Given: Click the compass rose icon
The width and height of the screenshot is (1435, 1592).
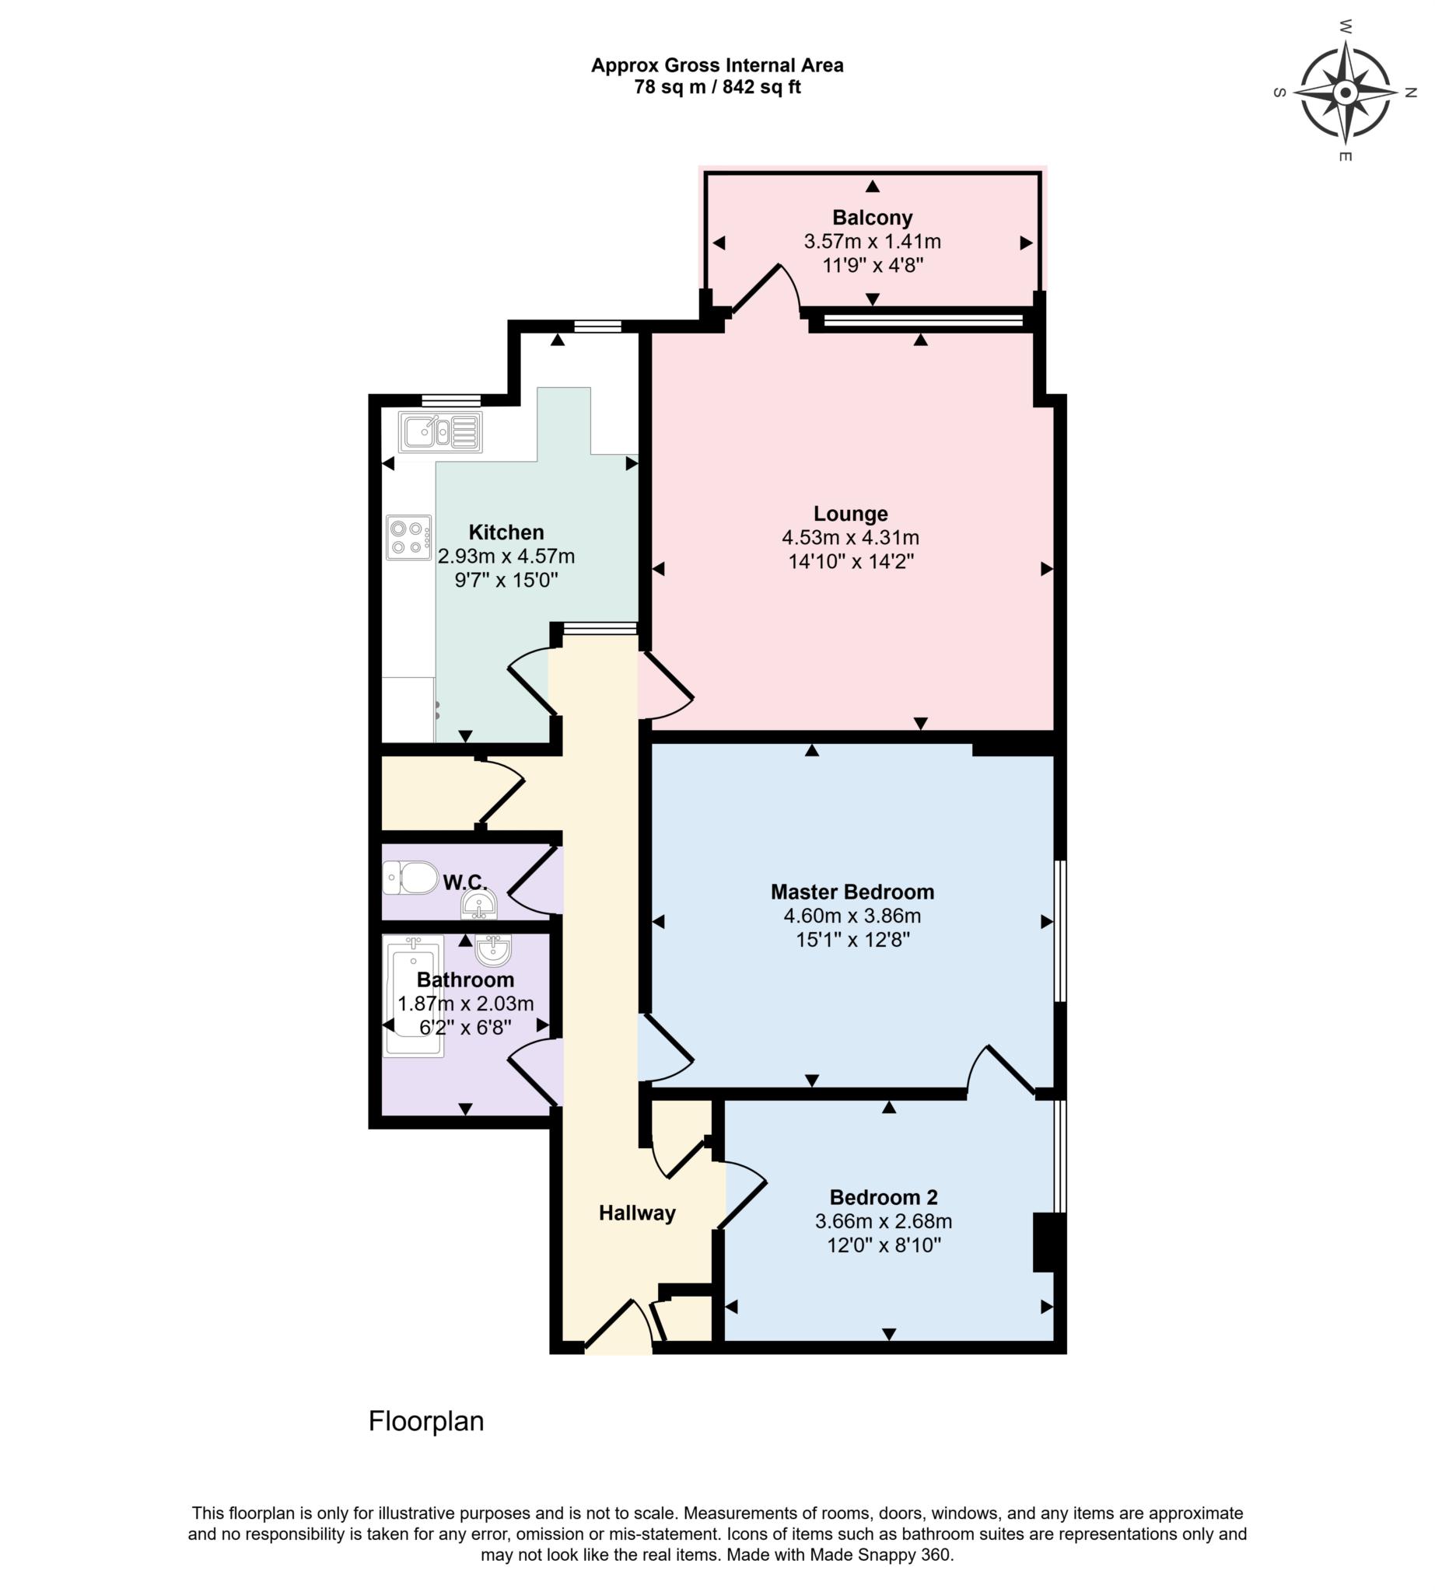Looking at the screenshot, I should point(1345,93).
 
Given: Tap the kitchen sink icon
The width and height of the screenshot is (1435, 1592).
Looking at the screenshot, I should point(440,432).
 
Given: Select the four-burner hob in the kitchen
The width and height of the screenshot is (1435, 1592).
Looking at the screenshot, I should point(408,537).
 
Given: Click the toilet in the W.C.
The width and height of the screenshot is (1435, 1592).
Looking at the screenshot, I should point(411,877).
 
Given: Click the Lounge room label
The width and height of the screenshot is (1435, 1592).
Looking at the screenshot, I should point(851,514).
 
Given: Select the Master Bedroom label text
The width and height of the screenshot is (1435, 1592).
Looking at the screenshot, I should point(852,892).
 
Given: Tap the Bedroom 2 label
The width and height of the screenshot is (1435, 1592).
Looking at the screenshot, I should point(883,1197).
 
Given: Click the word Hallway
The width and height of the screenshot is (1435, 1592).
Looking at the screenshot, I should point(637,1213).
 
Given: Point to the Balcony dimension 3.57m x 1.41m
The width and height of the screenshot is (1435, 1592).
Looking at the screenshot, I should point(872,241).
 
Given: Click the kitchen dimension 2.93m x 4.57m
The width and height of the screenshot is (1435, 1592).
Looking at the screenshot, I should point(506,557).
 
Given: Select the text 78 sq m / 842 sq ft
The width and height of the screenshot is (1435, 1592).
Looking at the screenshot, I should point(716,88).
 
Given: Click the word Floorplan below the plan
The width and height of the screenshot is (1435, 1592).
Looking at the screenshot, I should point(425,1421).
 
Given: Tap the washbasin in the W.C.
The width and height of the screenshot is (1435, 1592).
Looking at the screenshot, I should point(478,906).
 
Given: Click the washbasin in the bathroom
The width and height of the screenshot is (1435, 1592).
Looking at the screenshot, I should point(494,951).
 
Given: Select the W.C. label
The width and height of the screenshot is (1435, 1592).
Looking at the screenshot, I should point(465,882).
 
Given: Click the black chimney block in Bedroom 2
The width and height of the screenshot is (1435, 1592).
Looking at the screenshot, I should point(1048,1242).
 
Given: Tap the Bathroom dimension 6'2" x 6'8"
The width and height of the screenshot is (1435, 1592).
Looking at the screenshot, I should point(465,1028).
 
